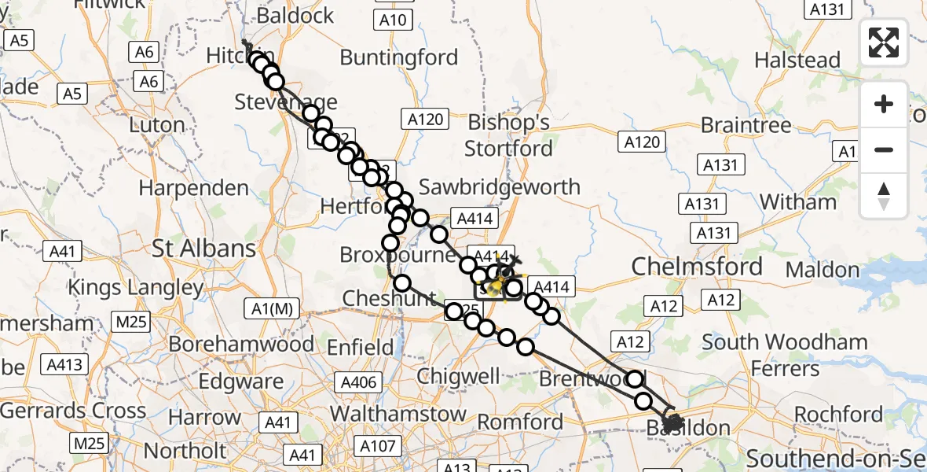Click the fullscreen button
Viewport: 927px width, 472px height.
pos(884,42)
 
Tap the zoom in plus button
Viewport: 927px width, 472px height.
pos(884,104)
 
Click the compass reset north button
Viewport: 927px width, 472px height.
pos(884,196)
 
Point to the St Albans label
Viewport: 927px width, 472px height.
pos(204,249)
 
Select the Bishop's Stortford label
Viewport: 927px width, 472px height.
pos(510,135)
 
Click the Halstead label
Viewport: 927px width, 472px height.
pos(797,60)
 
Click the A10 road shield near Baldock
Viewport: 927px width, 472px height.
pos(392,20)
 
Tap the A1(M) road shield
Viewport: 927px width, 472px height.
pos(273,309)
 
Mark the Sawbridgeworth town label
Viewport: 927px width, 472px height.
pos(500,187)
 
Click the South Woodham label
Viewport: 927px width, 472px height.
pos(785,342)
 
